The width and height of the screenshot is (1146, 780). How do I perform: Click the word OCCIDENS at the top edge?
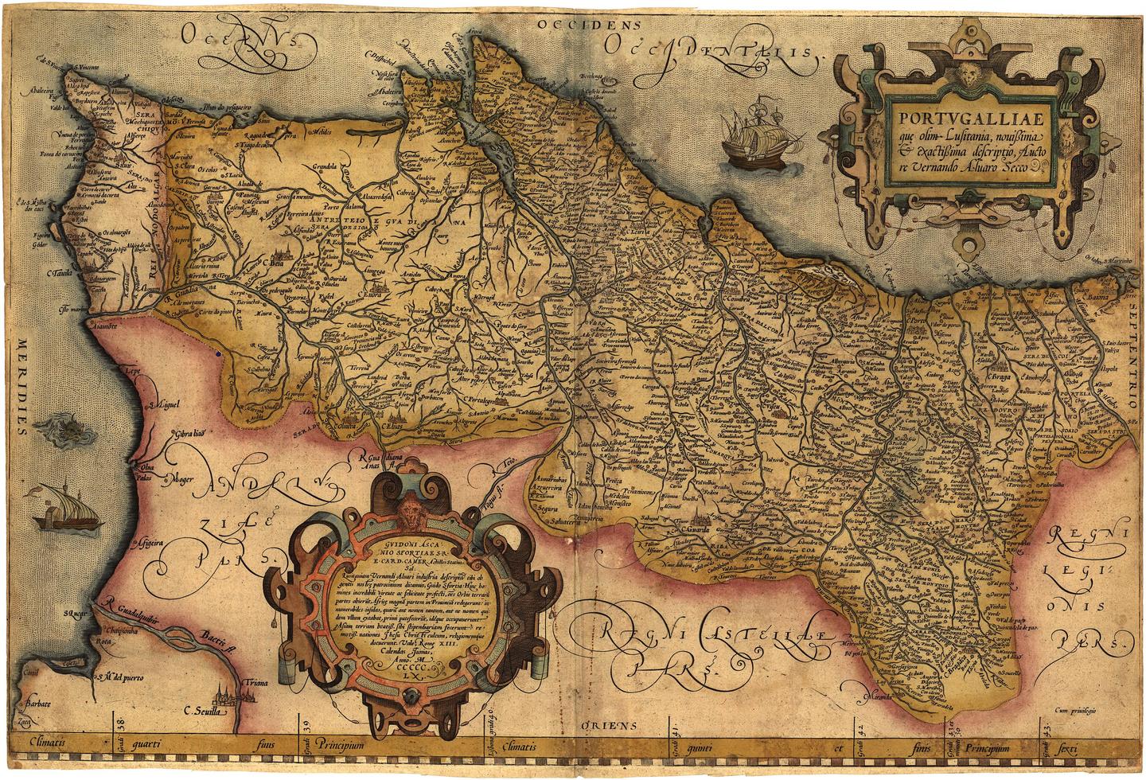[589, 25]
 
